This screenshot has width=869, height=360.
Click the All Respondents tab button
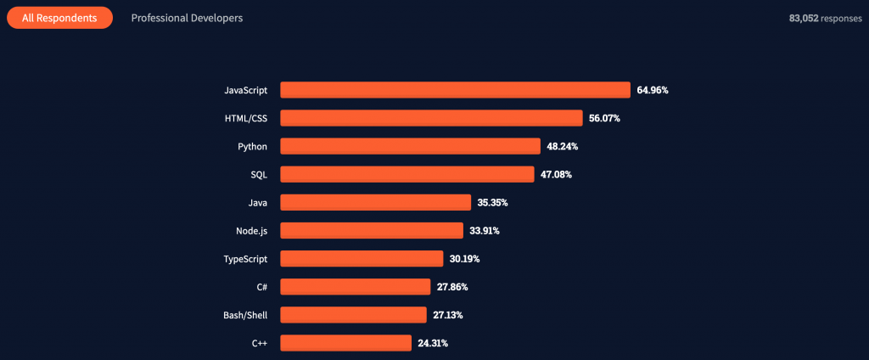pos(60,18)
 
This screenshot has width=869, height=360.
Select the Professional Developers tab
pos(187,18)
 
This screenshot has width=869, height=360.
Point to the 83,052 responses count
pos(826,18)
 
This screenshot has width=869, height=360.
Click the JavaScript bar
pos(455,90)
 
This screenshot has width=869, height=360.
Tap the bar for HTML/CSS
pos(431,118)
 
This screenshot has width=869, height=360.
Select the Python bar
pos(410,146)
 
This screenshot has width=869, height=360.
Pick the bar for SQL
pos(407,174)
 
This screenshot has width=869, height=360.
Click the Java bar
pos(376,202)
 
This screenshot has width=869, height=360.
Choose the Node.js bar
pos(372,230)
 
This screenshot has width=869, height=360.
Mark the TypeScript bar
pos(362,258)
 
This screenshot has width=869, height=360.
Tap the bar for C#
pos(356,287)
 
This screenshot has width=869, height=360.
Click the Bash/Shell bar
pos(354,314)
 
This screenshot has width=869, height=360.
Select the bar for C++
pos(346,343)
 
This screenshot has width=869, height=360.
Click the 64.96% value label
pos(653,90)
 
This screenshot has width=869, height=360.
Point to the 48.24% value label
pos(563,146)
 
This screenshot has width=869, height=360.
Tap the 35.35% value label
pos(493,202)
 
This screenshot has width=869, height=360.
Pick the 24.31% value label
pos(433,343)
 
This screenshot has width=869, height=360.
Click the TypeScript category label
pos(245,259)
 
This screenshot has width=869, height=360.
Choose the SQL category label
pos(259,175)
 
